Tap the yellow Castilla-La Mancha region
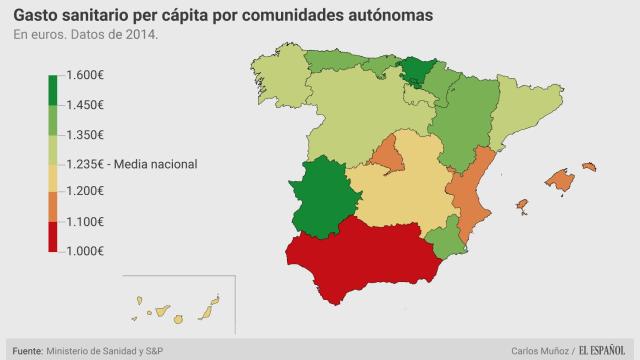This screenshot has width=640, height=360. click(x=405, y=195)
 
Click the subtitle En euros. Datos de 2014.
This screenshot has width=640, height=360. click(x=86, y=36)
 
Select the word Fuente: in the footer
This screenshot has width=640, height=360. click(x=27, y=350)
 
